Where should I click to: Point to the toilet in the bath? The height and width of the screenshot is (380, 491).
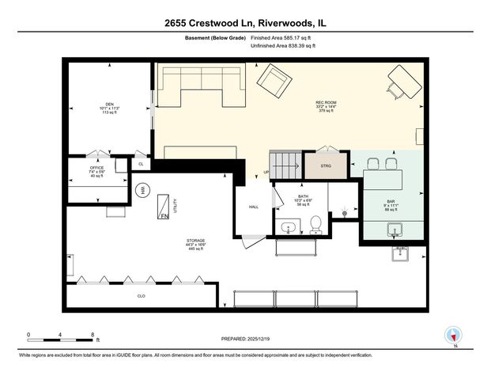tap(315, 226)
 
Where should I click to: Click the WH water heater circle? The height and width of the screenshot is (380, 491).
tap(142, 190)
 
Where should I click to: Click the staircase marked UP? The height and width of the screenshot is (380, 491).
tap(285, 164)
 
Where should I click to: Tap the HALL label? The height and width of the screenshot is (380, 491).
tap(254, 207)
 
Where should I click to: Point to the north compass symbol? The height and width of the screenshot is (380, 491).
tap(454, 336)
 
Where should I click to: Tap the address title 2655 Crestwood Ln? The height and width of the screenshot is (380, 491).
tap(245, 23)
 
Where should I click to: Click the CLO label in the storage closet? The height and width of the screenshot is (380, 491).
tap(141, 296)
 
